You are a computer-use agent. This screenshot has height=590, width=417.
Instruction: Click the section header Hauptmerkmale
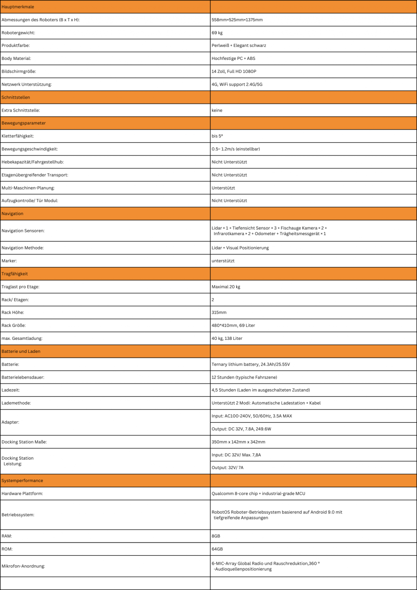[18, 7]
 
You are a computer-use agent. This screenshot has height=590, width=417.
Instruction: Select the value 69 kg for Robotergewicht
[217, 33]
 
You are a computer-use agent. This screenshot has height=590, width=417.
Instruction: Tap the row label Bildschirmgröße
[19, 71]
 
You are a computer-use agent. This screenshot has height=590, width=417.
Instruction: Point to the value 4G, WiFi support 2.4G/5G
[237, 84]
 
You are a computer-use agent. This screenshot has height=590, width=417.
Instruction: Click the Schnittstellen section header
[16, 97]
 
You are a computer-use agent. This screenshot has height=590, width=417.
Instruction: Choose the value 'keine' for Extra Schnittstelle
[217, 110]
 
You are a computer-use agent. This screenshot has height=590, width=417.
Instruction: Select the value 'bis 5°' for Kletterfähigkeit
[217, 136]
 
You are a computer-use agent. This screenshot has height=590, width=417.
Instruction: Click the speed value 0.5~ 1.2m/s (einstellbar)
[236, 149]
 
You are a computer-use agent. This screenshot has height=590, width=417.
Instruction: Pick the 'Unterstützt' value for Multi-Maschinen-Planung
[223, 188]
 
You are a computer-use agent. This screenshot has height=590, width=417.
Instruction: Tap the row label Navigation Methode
[22, 248]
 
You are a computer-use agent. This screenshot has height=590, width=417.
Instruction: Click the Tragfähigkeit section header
[15, 274]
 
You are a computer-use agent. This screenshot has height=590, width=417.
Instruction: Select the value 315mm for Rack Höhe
[219, 313]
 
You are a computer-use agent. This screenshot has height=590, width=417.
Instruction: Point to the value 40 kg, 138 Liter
[227, 338]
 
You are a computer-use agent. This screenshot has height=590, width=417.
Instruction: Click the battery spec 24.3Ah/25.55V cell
[251, 364]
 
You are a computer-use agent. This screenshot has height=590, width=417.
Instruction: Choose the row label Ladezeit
[11, 390]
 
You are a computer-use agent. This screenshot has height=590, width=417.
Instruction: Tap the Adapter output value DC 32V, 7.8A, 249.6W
[241, 429]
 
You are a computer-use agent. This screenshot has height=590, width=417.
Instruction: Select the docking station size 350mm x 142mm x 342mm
[238, 442]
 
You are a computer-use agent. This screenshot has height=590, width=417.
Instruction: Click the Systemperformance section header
[22, 480]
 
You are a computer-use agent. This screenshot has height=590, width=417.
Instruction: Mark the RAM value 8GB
[216, 536]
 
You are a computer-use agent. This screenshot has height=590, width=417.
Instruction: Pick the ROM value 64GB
[217, 549]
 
